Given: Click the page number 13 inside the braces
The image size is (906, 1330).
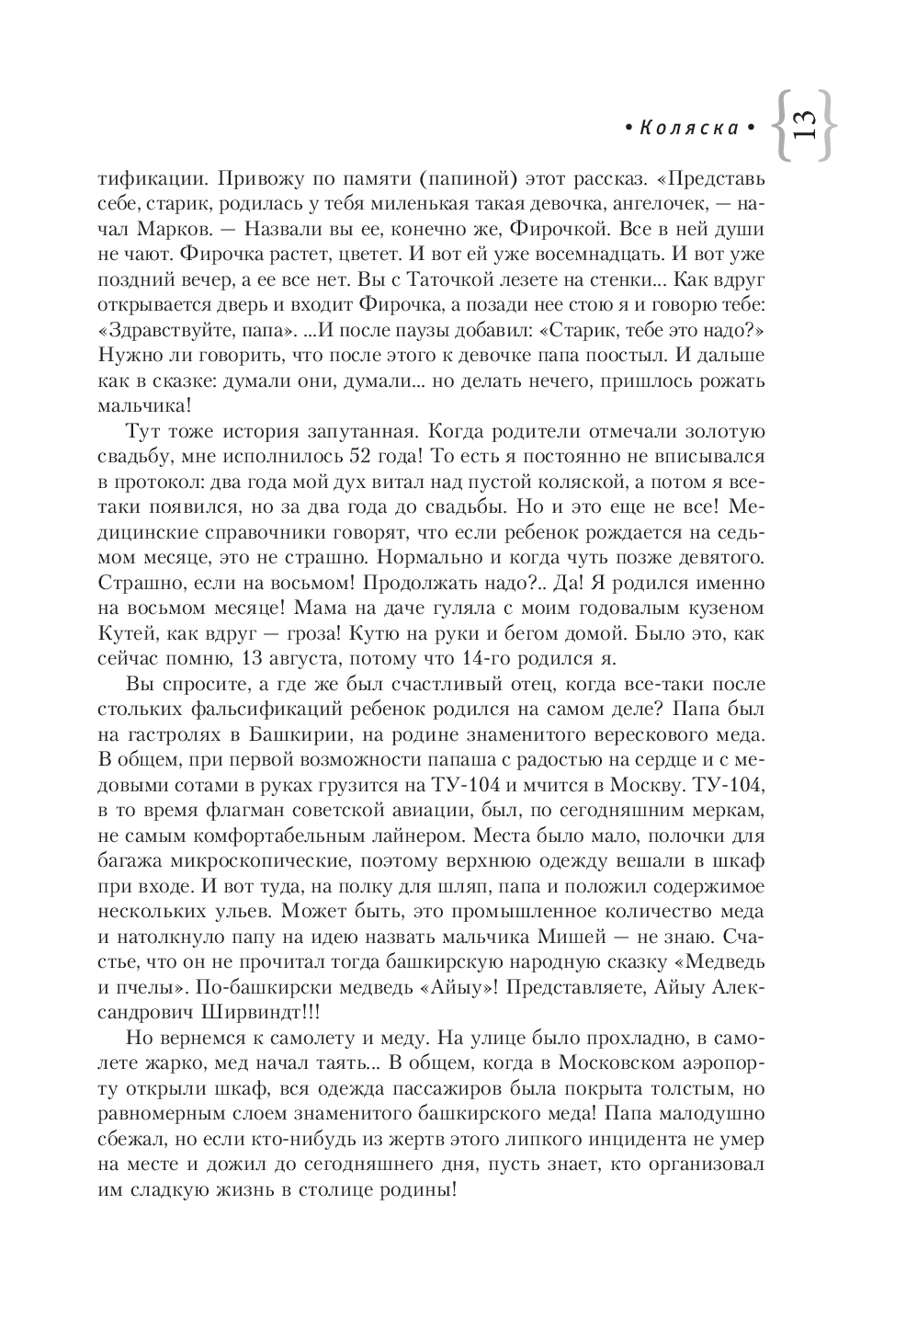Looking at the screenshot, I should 801,125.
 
